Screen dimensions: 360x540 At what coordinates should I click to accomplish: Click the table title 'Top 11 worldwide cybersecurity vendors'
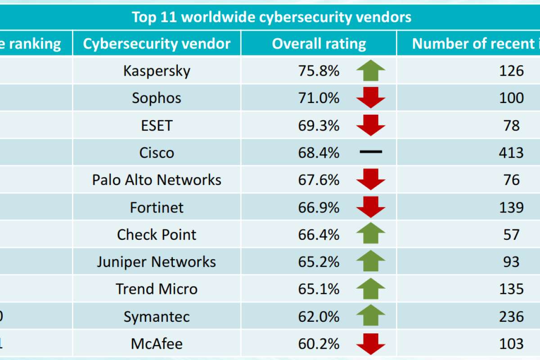pyautogui.click(x=271, y=17)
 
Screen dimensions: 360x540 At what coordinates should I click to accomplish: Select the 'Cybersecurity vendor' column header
pyautogui.click(x=157, y=44)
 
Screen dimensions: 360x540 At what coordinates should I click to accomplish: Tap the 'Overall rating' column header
pyautogui.click(x=319, y=44)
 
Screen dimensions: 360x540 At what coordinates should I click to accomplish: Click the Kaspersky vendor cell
pyautogui.click(x=157, y=71)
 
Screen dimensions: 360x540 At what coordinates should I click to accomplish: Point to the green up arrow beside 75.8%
pyautogui.click(x=371, y=71)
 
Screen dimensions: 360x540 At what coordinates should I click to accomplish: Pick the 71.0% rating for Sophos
pyautogui.click(x=319, y=98)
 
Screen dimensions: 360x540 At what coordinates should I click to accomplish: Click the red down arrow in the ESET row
pyautogui.click(x=371, y=125)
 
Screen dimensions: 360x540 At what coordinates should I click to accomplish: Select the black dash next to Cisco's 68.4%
pyautogui.click(x=371, y=153)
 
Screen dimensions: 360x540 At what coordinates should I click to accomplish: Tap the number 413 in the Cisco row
pyautogui.click(x=511, y=153)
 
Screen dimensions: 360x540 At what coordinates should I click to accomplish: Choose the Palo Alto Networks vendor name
pyautogui.click(x=157, y=180)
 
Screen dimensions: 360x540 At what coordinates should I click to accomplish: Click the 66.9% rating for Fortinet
pyautogui.click(x=319, y=207)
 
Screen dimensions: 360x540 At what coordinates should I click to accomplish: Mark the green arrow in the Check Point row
pyautogui.click(x=371, y=234)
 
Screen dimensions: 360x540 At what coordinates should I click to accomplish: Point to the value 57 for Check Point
pyautogui.click(x=511, y=234)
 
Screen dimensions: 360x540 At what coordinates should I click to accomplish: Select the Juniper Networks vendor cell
pyautogui.click(x=157, y=262)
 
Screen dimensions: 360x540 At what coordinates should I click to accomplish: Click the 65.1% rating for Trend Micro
pyautogui.click(x=319, y=289)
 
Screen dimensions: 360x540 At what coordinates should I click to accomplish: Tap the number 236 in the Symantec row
pyautogui.click(x=511, y=316)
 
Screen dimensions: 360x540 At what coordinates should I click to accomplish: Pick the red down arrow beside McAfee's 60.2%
pyautogui.click(x=371, y=344)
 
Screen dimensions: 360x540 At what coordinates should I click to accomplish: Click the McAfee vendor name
pyautogui.click(x=157, y=344)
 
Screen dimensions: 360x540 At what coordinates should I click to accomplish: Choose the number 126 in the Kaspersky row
pyautogui.click(x=511, y=71)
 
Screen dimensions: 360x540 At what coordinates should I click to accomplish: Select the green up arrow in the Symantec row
pyautogui.click(x=371, y=316)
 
